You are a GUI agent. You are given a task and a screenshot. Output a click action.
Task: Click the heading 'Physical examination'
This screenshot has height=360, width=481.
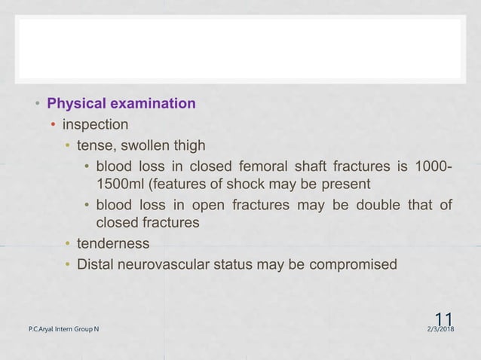(121, 103)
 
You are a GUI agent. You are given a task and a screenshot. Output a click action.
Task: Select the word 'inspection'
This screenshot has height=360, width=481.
(95, 124)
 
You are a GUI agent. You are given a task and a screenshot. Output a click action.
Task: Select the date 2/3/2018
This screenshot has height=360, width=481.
(445, 330)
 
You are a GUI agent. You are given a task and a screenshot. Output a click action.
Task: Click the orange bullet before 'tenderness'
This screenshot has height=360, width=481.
(68, 244)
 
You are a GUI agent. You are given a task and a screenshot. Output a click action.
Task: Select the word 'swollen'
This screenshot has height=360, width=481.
(152, 145)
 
